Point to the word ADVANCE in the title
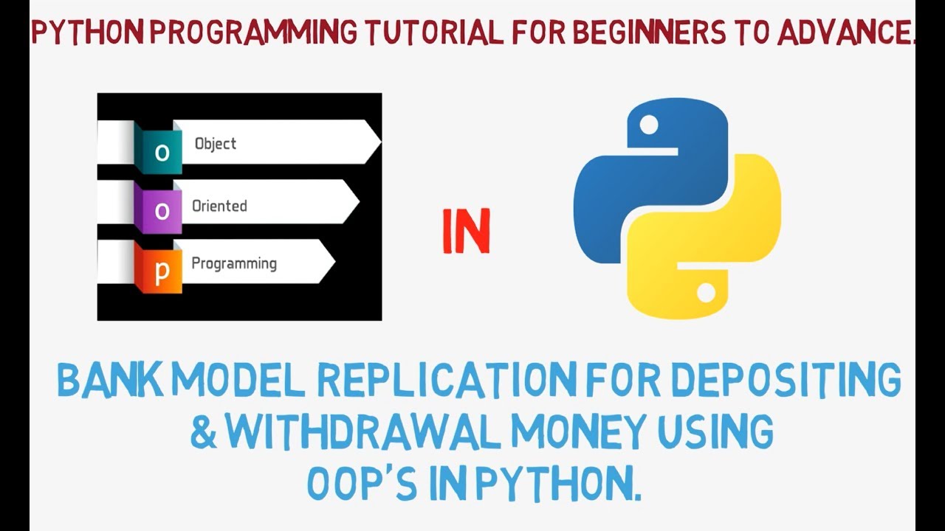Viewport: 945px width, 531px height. coord(841,33)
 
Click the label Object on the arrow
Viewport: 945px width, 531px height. coord(216,144)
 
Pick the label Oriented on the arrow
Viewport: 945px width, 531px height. coord(219,206)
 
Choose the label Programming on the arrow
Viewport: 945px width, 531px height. coord(234,263)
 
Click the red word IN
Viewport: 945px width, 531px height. coord(466,232)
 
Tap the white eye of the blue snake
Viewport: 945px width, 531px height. coord(648,126)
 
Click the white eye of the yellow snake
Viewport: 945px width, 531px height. coord(706,293)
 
